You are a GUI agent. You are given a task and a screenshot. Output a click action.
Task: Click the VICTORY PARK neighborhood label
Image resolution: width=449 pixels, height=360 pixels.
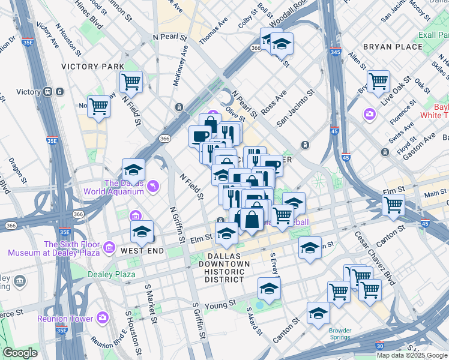(92, 67)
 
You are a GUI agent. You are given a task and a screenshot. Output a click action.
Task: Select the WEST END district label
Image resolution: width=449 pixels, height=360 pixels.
(142, 250)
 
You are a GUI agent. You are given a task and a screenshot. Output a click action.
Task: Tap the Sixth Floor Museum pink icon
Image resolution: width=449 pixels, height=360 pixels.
(109, 247)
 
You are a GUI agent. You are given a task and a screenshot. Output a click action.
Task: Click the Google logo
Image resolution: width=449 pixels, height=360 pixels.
(20, 353)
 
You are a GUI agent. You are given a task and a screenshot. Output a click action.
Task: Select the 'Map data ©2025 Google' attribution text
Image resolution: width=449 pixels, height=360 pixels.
(411, 355)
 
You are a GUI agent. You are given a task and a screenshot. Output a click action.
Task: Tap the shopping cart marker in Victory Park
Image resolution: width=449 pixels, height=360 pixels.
(131, 81)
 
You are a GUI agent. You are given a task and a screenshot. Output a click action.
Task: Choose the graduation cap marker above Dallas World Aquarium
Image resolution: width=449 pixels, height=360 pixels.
(133, 170)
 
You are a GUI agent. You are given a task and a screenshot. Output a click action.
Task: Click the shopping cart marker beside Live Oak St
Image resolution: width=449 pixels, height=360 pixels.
(378, 81)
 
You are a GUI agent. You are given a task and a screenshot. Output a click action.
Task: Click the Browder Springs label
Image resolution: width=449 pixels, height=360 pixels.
(344, 334)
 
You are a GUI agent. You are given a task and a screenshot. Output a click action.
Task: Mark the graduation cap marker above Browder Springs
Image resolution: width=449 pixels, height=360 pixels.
(318, 313)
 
